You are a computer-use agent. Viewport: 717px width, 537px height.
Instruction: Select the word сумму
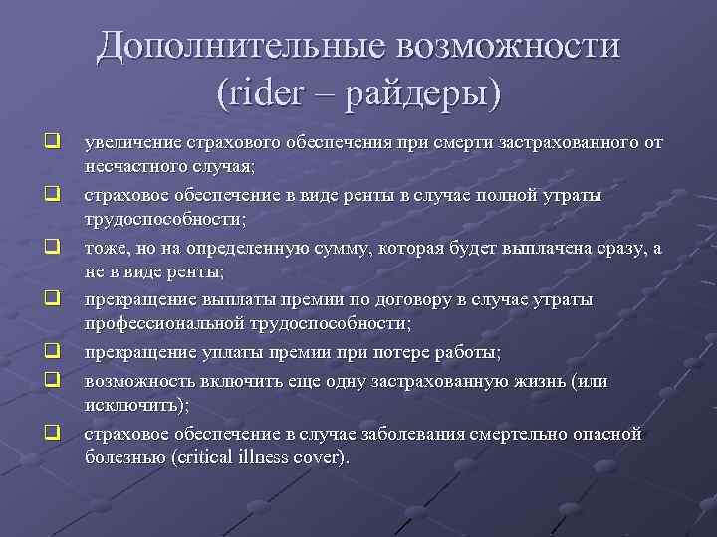(x=345, y=248)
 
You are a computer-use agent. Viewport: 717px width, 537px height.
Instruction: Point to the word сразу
(x=613, y=248)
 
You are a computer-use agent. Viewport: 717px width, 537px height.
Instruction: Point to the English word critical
(x=207, y=458)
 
